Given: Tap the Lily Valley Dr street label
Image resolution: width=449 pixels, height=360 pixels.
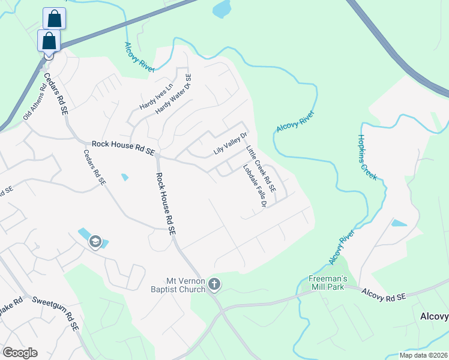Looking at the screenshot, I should pyautogui.click(x=231, y=144).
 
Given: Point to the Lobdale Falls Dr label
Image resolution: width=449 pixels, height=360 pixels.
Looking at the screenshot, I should pyautogui.click(x=254, y=187).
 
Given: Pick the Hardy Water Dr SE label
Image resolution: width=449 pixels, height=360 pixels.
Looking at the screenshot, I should pyautogui.click(x=173, y=94).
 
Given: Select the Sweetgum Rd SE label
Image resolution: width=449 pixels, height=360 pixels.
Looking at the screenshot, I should pyautogui.click(x=56, y=314).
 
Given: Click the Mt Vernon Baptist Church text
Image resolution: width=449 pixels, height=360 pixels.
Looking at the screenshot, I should pyautogui.click(x=186, y=284).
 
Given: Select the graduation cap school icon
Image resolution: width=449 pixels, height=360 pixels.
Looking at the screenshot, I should pyautogui.click(x=95, y=241).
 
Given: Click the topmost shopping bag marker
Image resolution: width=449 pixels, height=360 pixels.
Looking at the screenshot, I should pyautogui.click(x=54, y=19).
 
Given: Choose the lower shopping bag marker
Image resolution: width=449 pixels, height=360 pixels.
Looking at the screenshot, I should pyautogui.click(x=49, y=41).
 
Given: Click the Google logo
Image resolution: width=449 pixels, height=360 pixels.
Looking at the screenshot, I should pyautogui.click(x=20, y=353).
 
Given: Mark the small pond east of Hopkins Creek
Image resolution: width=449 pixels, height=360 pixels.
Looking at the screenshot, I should pyautogui.click(x=399, y=223).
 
